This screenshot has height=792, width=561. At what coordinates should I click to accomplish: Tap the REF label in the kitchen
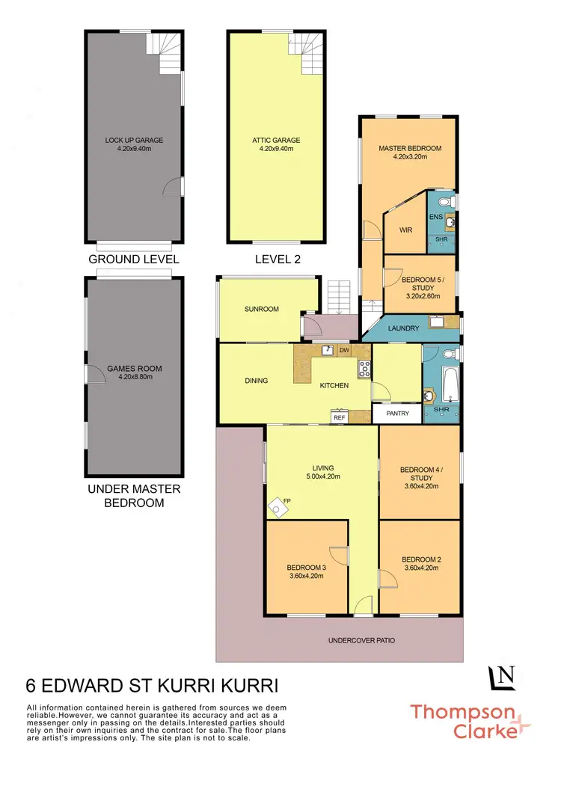pos(339,418)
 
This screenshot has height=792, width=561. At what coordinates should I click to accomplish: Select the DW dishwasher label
pos(344,350)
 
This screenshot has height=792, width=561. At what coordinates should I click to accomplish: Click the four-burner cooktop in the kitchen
pos(365,369)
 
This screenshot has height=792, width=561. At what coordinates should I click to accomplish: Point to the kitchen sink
pos(328,350)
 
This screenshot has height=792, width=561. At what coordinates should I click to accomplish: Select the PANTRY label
pos(398,414)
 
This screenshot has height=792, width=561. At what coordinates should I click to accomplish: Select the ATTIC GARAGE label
pos(276,140)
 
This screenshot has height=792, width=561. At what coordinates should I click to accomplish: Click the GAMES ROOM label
pos(135,369)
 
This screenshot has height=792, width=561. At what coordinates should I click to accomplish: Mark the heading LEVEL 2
pos(276,260)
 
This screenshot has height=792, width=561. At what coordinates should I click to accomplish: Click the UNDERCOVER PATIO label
pos(361,641)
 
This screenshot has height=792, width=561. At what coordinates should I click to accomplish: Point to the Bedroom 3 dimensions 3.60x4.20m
pos(307,576)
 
